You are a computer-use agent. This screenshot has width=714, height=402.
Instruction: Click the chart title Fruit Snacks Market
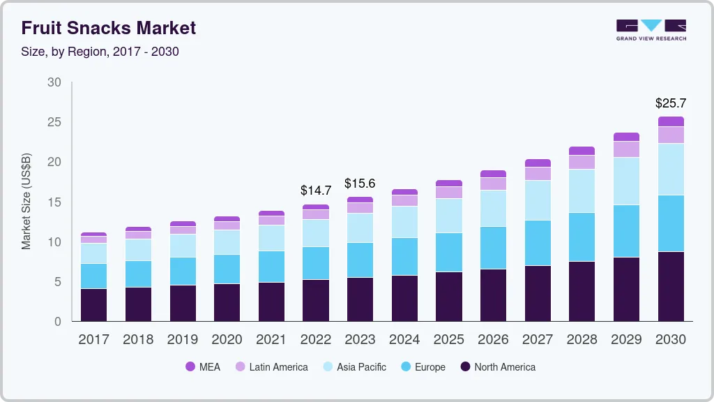coord(108,28)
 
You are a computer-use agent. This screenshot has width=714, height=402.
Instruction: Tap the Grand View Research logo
coord(651,29)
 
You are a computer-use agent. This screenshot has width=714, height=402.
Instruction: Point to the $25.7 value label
coord(670,103)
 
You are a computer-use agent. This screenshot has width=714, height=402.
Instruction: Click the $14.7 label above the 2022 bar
coord(315,190)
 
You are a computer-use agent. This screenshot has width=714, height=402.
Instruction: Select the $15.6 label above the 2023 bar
coord(360,183)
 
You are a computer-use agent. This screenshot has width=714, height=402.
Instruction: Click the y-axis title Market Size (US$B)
coord(26,201)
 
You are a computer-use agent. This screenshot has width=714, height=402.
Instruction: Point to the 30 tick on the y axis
coord(54,82)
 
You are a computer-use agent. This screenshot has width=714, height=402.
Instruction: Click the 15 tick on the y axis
coord(54,202)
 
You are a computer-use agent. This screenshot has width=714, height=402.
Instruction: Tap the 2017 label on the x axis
coord(93,340)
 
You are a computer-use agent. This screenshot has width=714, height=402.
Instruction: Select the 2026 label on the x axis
coord(494,340)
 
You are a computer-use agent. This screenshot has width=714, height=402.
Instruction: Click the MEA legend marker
coord(190,367)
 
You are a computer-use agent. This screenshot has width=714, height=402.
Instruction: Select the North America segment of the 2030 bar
coord(670,286)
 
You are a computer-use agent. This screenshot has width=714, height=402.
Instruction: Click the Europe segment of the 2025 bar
coord(449,252)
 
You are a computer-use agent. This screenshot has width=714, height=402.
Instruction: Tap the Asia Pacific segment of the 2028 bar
coord(582,191)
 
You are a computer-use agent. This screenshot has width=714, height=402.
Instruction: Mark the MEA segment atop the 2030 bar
coord(670,121)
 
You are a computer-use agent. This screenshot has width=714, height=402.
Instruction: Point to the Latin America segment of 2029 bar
coord(626,149)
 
